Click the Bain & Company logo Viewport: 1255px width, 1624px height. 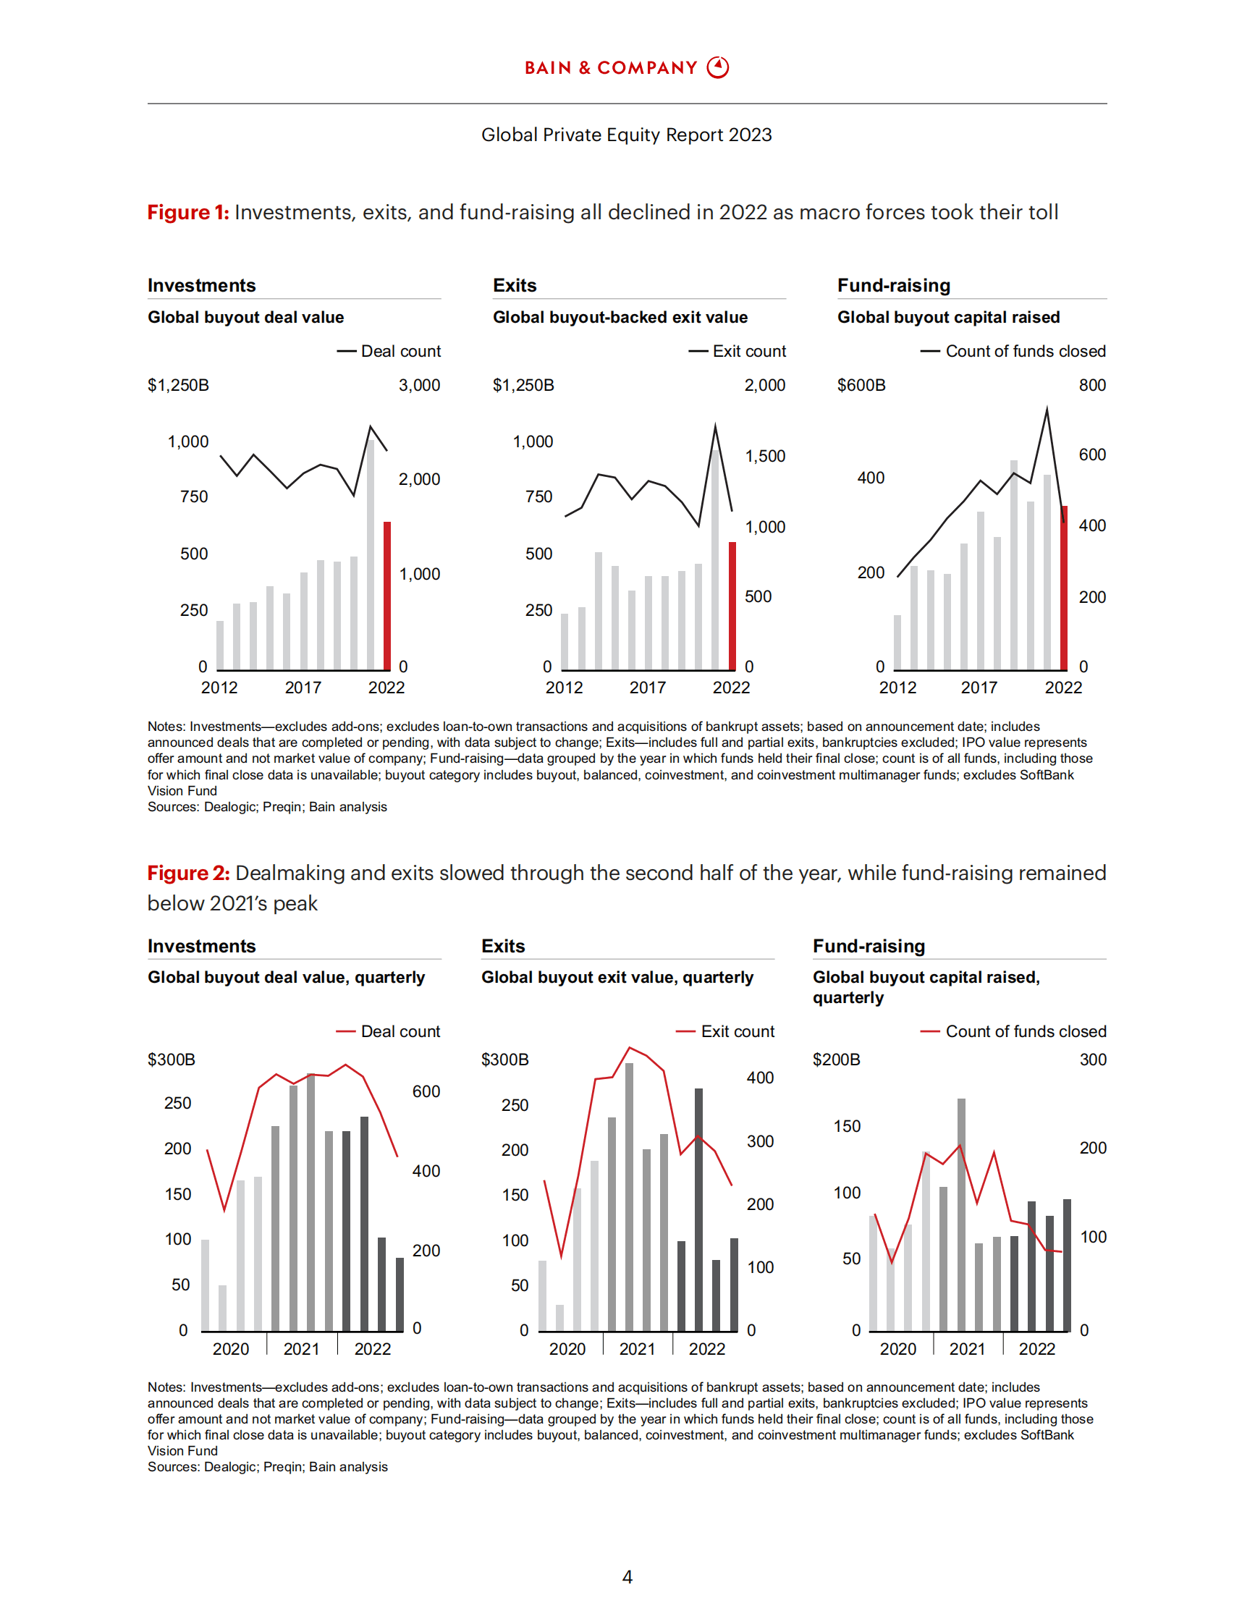coord(626,68)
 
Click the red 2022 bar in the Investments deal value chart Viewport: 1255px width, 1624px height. coord(386,595)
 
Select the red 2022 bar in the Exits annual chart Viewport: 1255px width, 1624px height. coord(732,606)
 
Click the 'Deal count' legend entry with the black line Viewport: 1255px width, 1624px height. coord(389,351)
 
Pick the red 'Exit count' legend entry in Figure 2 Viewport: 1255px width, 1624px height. coord(726,1031)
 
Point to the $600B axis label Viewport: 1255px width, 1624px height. coord(861,385)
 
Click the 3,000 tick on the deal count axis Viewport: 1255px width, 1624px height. coord(419,385)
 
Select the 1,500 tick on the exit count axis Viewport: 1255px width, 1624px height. coord(765,456)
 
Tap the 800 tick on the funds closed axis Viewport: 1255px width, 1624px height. coord(1092,385)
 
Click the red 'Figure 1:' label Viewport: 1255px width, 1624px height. coord(188,213)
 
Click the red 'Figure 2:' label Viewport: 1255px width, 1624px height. coord(188,873)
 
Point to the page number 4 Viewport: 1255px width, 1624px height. coord(627,1577)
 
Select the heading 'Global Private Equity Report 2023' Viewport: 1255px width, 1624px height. coord(626,135)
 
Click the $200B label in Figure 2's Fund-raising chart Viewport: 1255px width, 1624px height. coord(837,1060)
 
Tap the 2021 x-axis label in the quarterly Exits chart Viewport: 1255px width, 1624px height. coord(637,1349)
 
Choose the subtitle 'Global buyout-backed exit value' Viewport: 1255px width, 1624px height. coord(620,318)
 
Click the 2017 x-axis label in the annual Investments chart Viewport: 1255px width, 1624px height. coord(303,688)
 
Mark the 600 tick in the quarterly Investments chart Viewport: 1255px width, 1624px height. coord(426,1091)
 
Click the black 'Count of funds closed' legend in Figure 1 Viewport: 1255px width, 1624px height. coord(1013,351)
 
